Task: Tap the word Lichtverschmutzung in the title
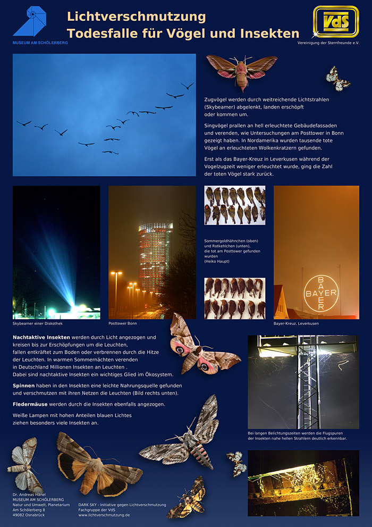click(136, 16)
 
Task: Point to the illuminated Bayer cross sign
click(320, 293)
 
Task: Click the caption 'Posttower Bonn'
click(123, 323)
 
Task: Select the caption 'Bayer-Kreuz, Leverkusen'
click(296, 323)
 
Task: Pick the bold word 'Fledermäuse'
click(31, 405)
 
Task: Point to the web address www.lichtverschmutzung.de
click(104, 515)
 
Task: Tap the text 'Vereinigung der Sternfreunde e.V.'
click(328, 42)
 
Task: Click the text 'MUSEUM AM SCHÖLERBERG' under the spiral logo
click(40, 42)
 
